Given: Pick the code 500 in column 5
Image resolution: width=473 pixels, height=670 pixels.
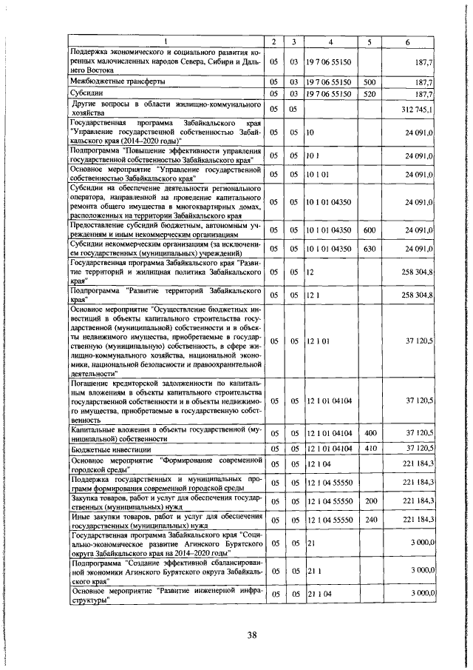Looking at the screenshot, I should pos(370,81).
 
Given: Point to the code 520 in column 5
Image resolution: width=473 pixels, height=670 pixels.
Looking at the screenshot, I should pos(370,95).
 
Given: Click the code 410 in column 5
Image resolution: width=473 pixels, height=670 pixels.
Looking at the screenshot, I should pos(370,449).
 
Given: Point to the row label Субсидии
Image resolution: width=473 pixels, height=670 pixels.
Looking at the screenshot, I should pos(87,95).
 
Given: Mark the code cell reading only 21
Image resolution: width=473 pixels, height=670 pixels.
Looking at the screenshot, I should pos(312,544).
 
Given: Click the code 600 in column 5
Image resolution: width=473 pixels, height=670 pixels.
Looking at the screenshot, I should pos(370,230).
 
